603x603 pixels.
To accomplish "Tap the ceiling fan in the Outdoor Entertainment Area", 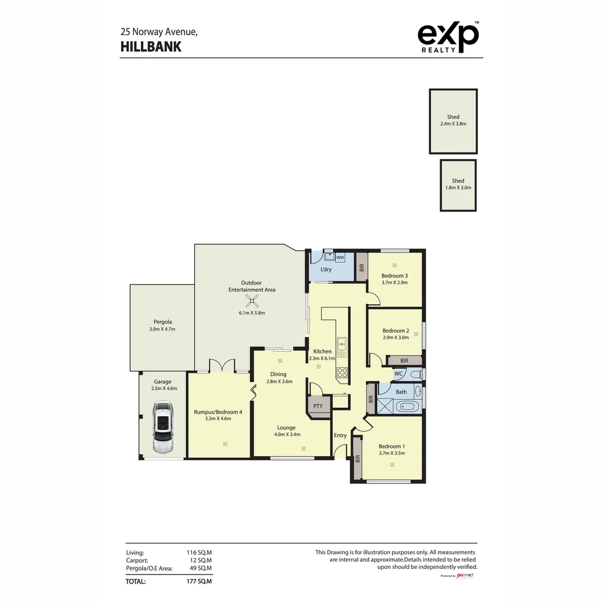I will pos(252,301).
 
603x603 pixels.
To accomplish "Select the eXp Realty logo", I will pos(448,38).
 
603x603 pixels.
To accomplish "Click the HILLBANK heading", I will pos(151,47).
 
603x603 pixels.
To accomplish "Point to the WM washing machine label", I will pos(339,257).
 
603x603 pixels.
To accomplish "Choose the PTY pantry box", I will pos(318,406).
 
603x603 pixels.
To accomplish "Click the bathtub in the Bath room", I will pos(407,406).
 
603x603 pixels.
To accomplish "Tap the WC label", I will pos(399,374).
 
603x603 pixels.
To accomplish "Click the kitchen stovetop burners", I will pos(342,373).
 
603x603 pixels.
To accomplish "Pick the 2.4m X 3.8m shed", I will pos(453,121).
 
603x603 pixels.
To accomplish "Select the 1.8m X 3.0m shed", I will pos(458,185).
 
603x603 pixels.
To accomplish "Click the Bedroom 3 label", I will pos(394,276).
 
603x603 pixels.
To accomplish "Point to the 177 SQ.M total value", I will pos(199,581).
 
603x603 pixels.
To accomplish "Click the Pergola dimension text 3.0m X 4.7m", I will pos(162,329).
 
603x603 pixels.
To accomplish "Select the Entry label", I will pos(340,435).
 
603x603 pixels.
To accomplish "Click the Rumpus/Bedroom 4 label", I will pos(218,412).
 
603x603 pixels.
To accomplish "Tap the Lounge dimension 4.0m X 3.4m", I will pos(287,434).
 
